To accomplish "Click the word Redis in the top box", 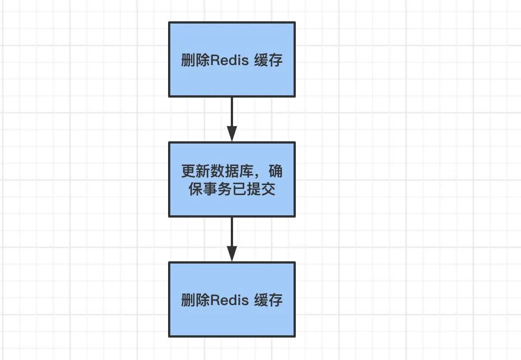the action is pos(229,60).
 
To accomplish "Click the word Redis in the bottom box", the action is pos(229,300).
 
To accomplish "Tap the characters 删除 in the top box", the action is pos(196,60).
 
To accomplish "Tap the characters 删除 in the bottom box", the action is pos(196,300).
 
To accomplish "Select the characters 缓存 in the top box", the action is pos(268,60).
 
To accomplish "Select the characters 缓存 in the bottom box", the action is pos(268,300).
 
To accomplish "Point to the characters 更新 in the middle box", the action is pos(196,171).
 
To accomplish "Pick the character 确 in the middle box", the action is pos(276,171).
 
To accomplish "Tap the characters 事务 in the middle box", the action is pos(217,189).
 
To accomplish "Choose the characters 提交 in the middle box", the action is pos(261,189).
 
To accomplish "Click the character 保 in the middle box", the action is pos(196,189).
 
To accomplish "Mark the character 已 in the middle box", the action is pos(239,189).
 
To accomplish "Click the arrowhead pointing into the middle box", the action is pos(232,134).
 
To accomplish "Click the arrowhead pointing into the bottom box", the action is pos(232,253).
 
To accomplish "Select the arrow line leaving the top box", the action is pos(232,119).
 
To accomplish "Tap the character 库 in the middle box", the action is pos(246,171).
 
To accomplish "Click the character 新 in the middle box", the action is pos(203,171).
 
